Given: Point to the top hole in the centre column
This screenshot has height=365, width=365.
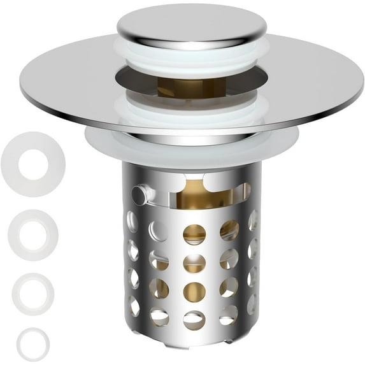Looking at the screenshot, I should tap(194, 234).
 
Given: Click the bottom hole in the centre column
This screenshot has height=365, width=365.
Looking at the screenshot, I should tap(194, 318).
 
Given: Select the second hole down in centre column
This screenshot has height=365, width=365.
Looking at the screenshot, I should tap(194, 263).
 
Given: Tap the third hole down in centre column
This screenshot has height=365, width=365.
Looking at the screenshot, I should tap(194, 292).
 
